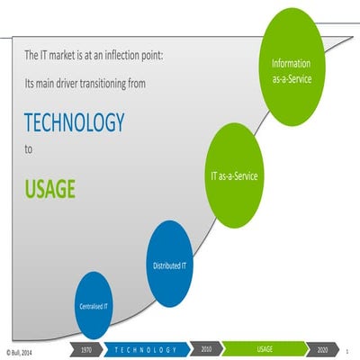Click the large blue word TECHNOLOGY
[x=74, y=122]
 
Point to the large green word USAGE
[x=49, y=189]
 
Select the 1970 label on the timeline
[x=86, y=348]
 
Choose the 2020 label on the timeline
[x=321, y=348]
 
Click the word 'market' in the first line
[x=61, y=56]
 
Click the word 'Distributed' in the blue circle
[x=162, y=265]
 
